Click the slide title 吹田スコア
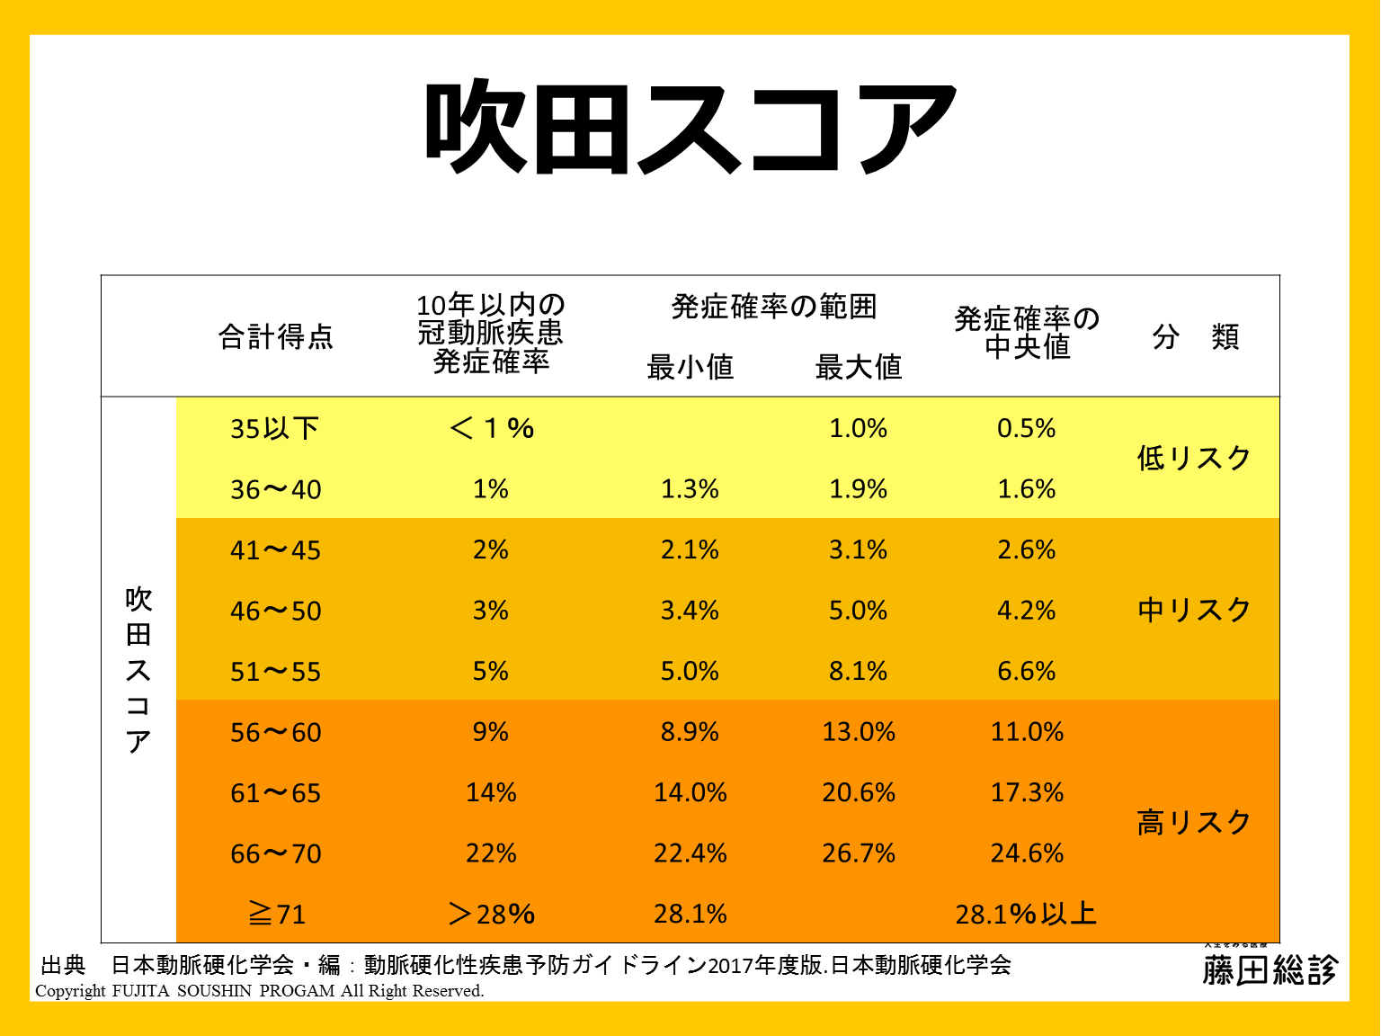point(690,128)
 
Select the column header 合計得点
point(276,337)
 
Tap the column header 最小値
point(690,367)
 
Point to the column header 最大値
point(859,367)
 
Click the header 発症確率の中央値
point(1027,333)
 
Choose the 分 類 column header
point(1195,337)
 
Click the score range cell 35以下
point(275,429)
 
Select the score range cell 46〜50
point(276,612)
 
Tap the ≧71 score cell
point(277,915)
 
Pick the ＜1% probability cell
point(491,428)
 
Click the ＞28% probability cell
point(491,915)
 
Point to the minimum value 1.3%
point(690,489)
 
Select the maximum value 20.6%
point(859,793)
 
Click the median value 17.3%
point(1027,793)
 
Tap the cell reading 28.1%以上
point(1026,915)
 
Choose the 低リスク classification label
point(1194,459)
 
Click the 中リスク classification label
point(1194,611)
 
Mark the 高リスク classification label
point(1194,823)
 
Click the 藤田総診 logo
point(1270,969)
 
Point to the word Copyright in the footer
point(70,991)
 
